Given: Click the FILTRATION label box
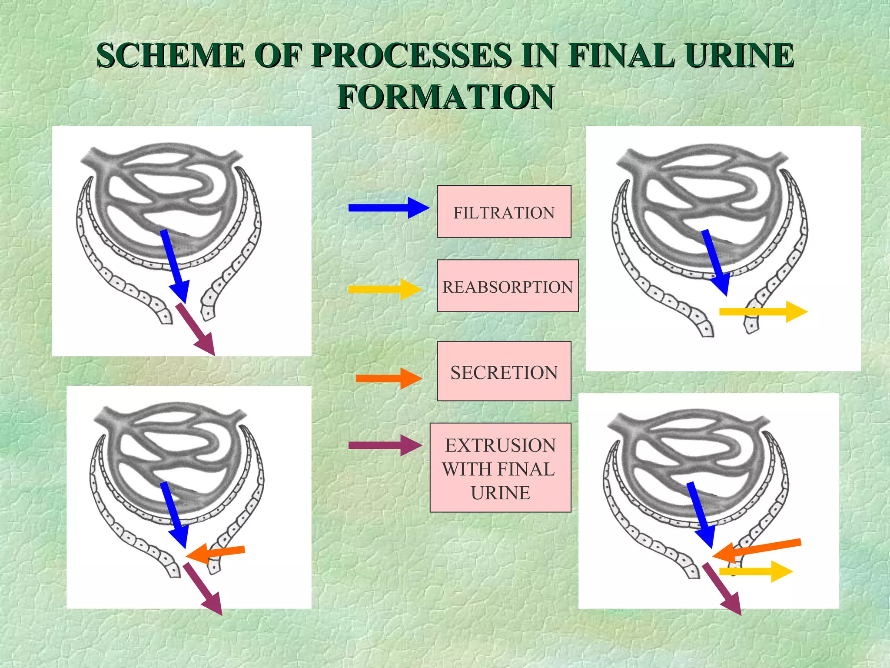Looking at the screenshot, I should tap(504, 212).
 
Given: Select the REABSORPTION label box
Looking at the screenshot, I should tap(508, 286).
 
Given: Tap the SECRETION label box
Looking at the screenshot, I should tap(504, 371).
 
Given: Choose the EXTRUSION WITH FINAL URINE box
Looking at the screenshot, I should tap(500, 468).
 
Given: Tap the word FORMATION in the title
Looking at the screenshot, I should tap(446, 97).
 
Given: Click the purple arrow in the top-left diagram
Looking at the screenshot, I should tap(195, 329).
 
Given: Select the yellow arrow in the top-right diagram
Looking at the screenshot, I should tap(763, 311).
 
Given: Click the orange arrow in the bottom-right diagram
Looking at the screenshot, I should tap(756, 550).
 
